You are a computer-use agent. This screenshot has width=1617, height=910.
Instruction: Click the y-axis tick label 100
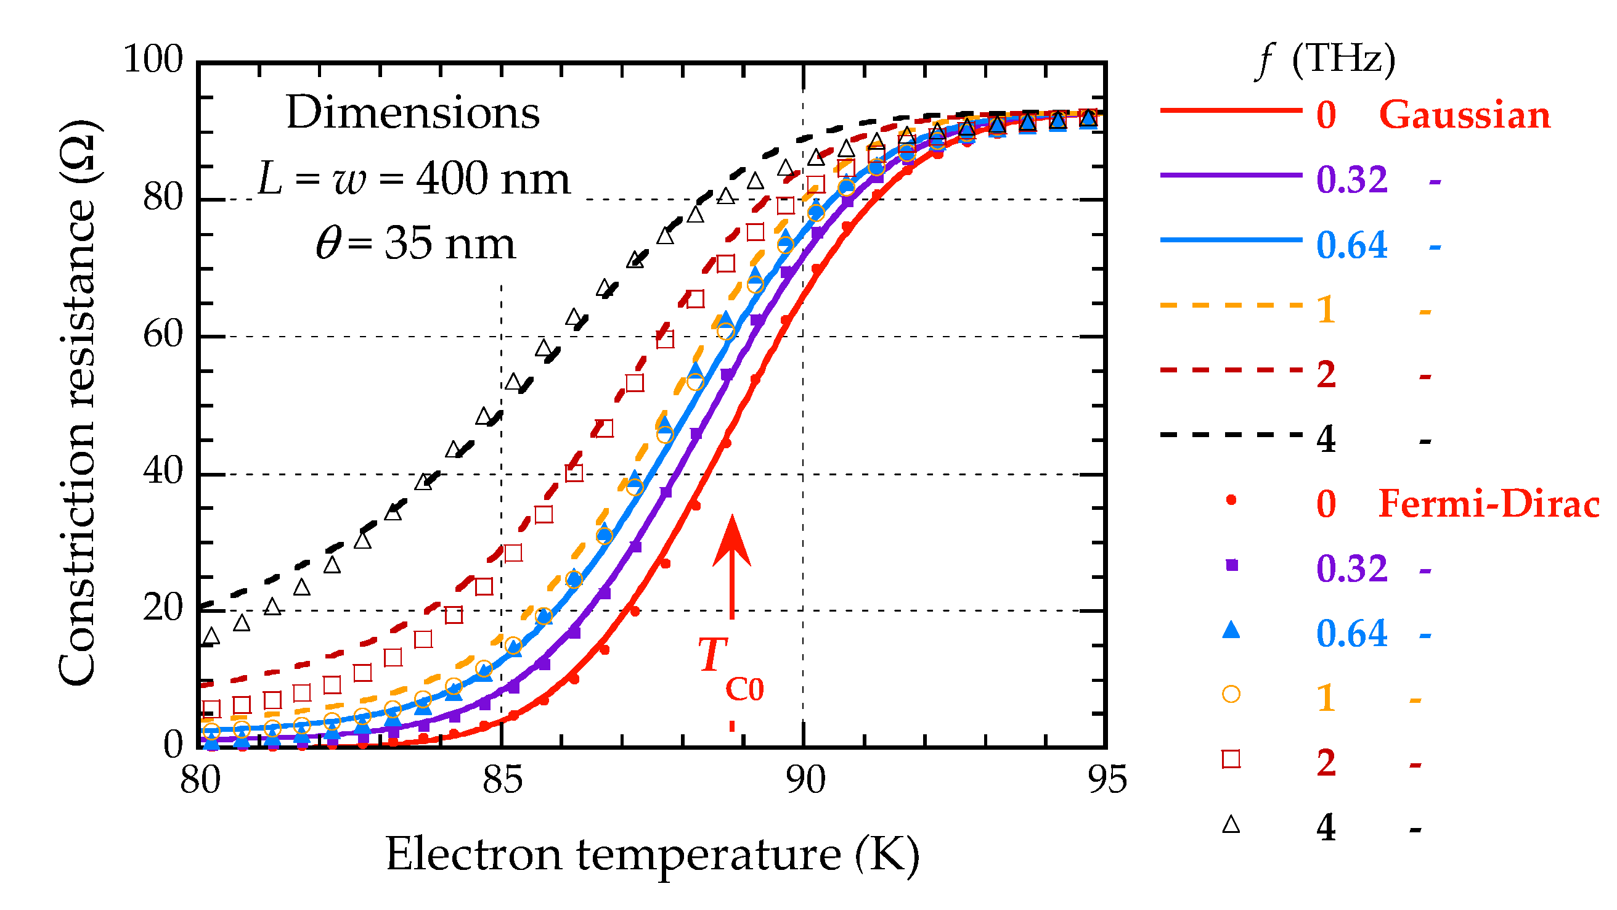pos(153,60)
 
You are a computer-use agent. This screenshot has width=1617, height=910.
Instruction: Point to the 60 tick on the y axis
pos(163,334)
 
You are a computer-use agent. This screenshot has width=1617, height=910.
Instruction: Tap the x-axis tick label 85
pos(502,781)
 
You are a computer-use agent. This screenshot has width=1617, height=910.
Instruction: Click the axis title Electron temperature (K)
pos(652,855)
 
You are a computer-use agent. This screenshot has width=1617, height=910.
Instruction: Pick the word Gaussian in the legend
pos(1464,115)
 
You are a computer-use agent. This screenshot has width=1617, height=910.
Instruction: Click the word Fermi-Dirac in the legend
pos(1488,504)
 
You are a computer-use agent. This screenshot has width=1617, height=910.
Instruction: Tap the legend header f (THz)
pos(1325,60)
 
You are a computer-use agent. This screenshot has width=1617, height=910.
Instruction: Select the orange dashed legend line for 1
pos(1231,306)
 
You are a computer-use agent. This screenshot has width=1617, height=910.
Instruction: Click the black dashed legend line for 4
pos(1231,435)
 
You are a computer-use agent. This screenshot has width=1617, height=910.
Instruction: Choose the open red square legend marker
pos(1231,760)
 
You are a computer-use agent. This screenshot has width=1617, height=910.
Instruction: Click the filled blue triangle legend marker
pos(1231,630)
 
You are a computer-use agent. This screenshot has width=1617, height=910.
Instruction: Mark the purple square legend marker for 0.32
pos(1232,566)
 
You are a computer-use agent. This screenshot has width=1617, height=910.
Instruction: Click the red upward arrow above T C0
pos(732,565)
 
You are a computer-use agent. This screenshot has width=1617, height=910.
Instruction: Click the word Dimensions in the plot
pos(412,113)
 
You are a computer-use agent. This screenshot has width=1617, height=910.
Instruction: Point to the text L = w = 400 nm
pos(413,179)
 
